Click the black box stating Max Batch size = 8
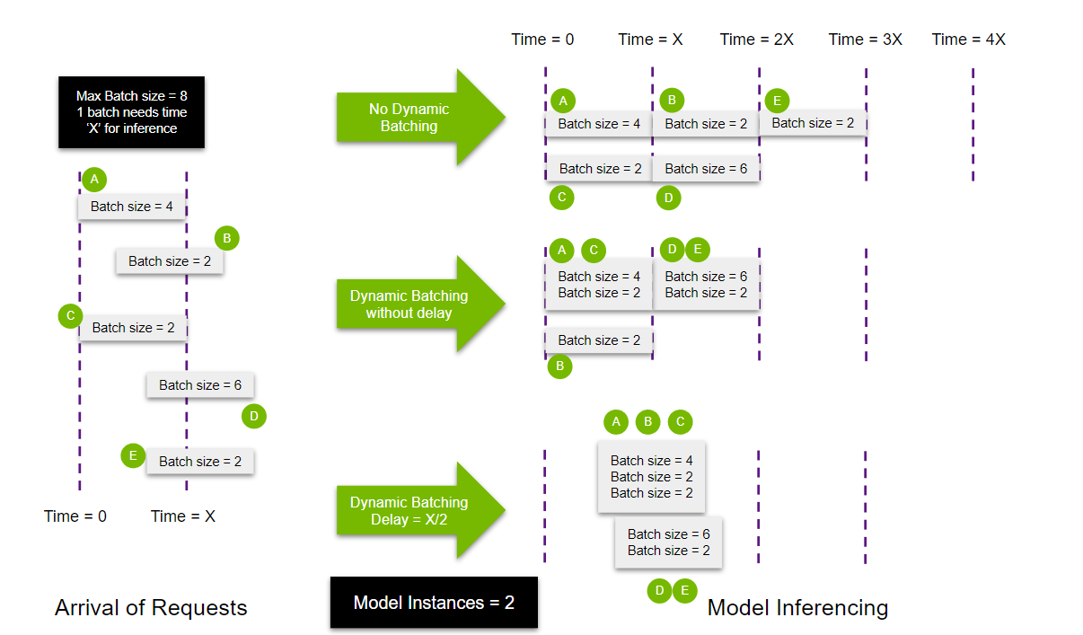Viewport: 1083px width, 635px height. (x=132, y=111)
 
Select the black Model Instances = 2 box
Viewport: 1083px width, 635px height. (x=434, y=602)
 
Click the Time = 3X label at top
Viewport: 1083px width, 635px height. (x=866, y=40)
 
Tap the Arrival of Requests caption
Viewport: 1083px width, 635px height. (x=151, y=608)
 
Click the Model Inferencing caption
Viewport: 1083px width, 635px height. (x=797, y=608)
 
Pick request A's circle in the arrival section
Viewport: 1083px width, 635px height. (x=93, y=180)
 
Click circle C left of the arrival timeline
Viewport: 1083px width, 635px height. (x=69, y=316)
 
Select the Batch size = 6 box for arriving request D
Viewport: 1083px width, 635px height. (x=200, y=385)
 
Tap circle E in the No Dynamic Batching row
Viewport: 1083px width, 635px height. (x=777, y=100)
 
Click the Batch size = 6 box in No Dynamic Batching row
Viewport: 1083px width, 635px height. (x=706, y=169)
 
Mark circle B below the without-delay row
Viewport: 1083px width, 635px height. (x=559, y=366)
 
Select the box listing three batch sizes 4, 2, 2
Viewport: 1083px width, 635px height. (x=651, y=477)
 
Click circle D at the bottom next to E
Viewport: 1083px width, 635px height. (x=659, y=590)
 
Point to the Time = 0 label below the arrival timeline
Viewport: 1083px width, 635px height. (x=75, y=516)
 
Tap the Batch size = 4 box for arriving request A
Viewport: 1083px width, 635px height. (x=132, y=207)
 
